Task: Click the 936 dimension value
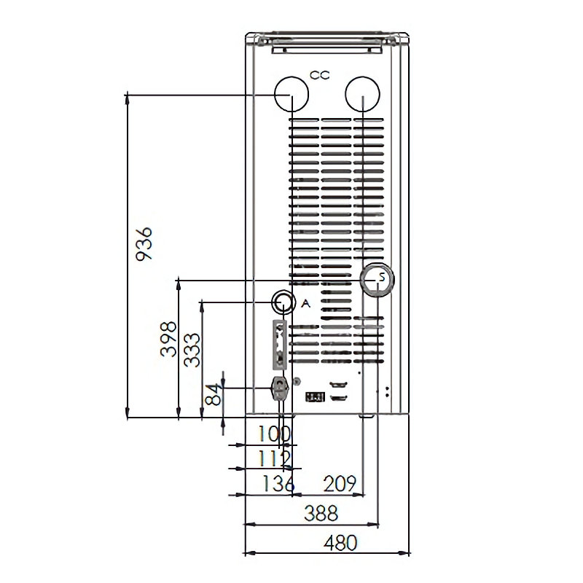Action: tap(144, 244)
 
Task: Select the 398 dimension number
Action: tap(168, 339)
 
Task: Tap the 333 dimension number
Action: tap(192, 351)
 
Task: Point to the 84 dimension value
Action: tap(214, 395)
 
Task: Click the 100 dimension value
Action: tap(275, 434)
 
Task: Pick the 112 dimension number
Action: tap(275, 458)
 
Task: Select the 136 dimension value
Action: tap(278, 483)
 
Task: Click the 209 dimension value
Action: tap(340, 483)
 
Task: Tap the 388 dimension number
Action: tap(321, 513)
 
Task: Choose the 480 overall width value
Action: tap(340, 543)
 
